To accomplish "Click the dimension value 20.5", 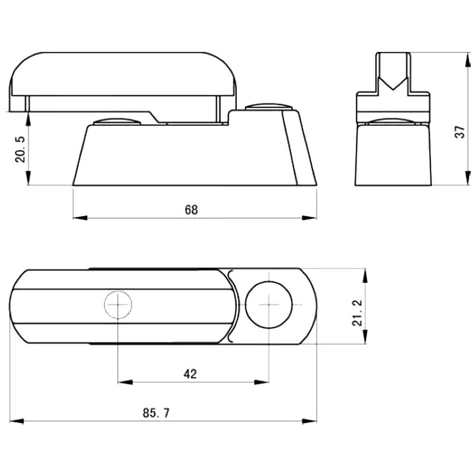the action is [x=20, y=150].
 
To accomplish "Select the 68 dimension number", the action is [x=191, y=210].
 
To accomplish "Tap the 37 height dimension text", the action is [x=460, y=132].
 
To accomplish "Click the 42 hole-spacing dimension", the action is [x=190, y=374].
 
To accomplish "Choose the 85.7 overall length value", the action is [x=156, y=413].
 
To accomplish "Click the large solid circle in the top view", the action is [x=269, y=304].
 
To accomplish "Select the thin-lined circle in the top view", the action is [x=118, y=305].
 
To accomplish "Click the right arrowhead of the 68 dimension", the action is [x=309, y=218].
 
